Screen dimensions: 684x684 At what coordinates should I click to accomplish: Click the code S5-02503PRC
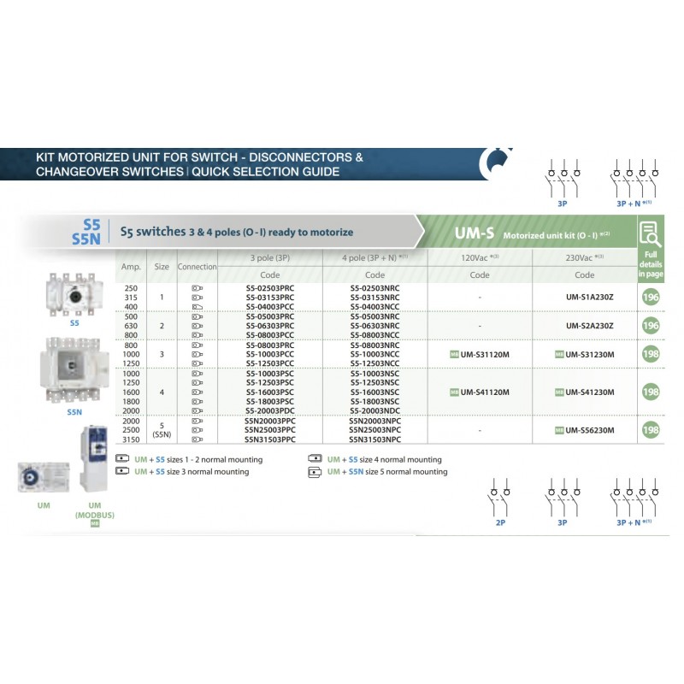tap(270, 288)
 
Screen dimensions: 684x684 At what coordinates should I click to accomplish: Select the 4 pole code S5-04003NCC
tap(374, 305)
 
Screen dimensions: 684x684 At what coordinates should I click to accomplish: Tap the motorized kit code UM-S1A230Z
tap(584, 297)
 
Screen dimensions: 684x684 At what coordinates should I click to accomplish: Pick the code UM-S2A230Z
tap(584, 326)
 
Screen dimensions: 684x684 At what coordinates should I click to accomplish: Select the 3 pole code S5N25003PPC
tap(270, 430)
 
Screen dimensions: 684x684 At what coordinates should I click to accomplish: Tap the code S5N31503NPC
tap(374, 439)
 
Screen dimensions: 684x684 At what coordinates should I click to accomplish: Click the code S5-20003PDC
tap(270, 410)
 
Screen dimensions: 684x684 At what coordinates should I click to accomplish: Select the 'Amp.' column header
tap(130, 267)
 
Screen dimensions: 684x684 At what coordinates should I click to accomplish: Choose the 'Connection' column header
tap(198, 267)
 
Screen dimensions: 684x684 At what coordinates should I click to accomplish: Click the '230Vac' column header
tap(584, 256)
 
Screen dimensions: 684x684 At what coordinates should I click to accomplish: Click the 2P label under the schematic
tap(500, 520)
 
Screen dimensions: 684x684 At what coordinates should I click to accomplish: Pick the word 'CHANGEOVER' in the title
tap(79, 172)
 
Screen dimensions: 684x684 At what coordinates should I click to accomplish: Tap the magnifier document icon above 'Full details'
tap(651, 232)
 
